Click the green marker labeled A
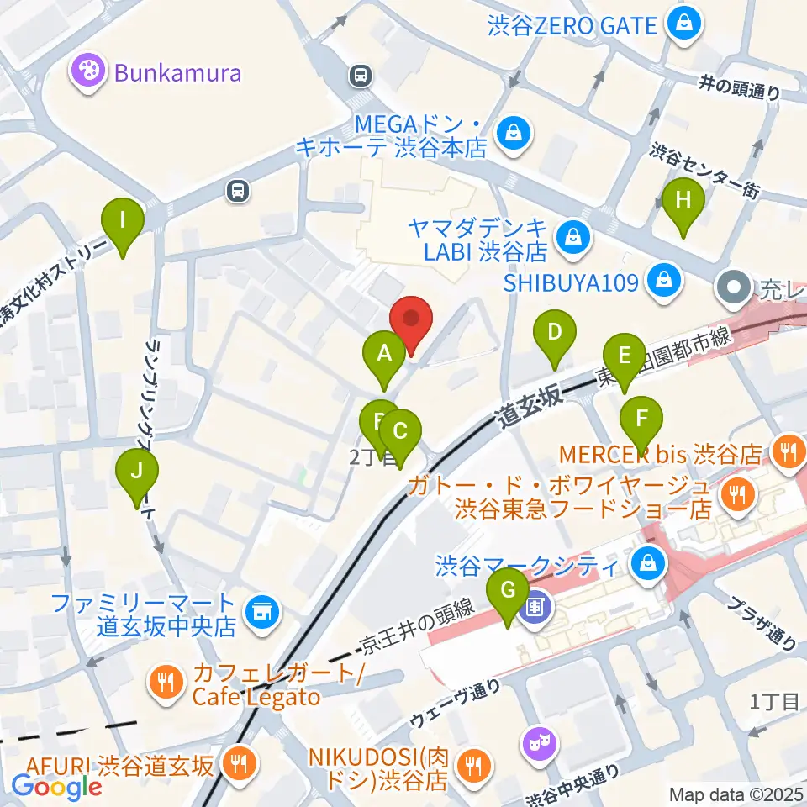coord(384,353)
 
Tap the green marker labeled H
coord(683,201)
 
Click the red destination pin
coord(411,319)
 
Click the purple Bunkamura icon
coord(87,71)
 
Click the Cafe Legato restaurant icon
coord(166,681)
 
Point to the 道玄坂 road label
coord(528,407)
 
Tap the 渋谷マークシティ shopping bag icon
coord(647,562)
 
